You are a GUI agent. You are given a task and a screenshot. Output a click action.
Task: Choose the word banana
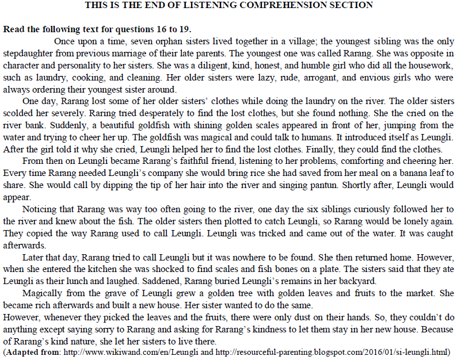point(403,173)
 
